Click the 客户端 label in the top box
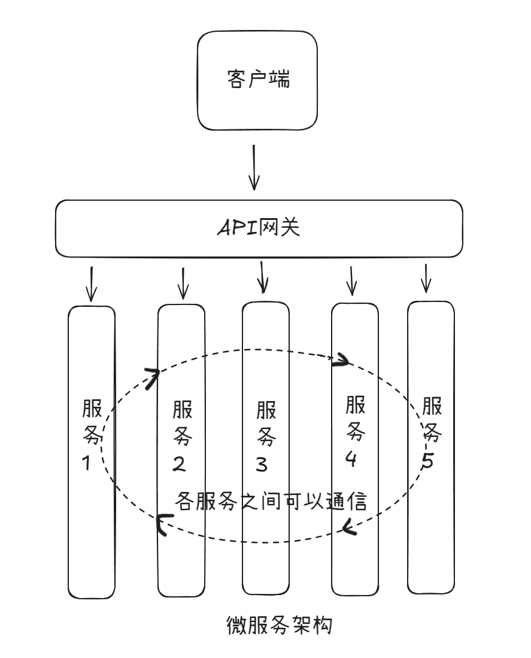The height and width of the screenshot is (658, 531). click(x=259, y=80)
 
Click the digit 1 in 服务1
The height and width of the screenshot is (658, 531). click(x=87, y=463)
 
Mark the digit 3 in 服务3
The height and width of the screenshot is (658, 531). click(x=262, y=464)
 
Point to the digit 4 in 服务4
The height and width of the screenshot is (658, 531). click(x=351, y=458)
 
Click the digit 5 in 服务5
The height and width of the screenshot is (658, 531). click(x=427, y=463)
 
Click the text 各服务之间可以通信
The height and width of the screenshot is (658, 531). click(x=271, y=501)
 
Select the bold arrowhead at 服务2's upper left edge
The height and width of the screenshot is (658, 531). click(x=152, y=378)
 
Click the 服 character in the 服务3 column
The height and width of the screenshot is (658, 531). click(x=266, y=411)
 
